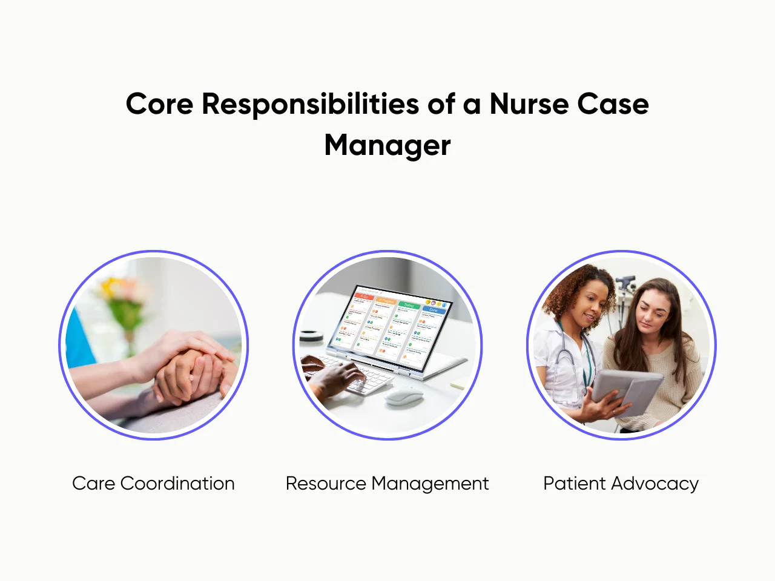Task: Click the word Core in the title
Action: (x=159, y=103)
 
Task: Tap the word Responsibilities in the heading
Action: (x=310, y=104)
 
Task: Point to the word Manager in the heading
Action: (x=387, y=146)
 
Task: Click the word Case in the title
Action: (x=613, y=103)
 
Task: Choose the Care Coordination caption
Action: (x=153, y=484)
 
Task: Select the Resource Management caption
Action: (x=387, y=484)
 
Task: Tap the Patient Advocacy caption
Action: (x=621, y=484)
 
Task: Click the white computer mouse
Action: (x=404, y=397)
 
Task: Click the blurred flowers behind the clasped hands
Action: (x=121, y=297)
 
